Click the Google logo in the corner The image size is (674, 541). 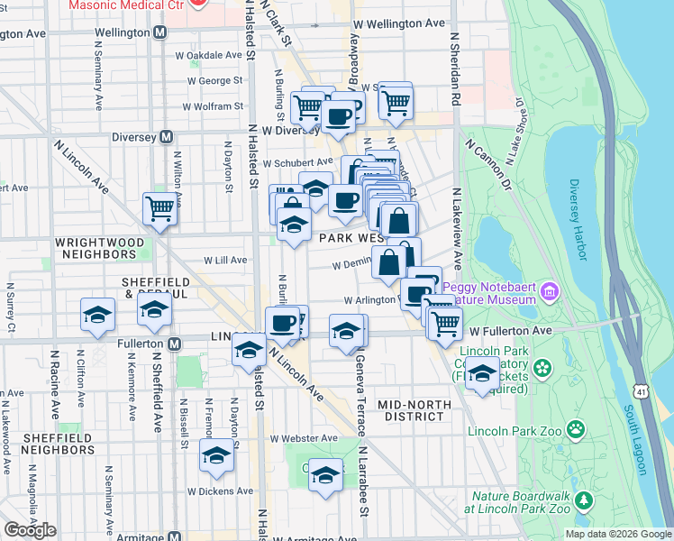(x=30, y=530)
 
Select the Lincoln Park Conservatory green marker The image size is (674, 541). (x=542, y=367)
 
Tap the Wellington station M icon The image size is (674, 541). (x=160, y=32)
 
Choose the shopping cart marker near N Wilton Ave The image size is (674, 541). (x=159, y=208)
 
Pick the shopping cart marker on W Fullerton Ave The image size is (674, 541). (x=445, y=322)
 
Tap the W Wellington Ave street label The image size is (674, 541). (x=399, y=23)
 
